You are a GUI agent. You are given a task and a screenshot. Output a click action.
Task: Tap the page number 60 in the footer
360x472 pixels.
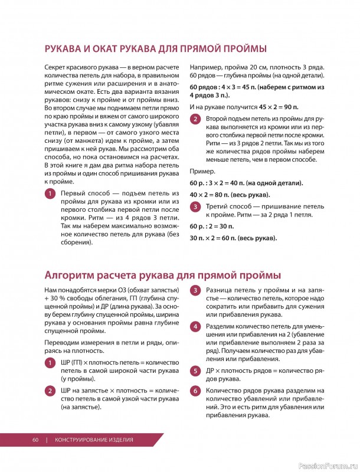point(35,440)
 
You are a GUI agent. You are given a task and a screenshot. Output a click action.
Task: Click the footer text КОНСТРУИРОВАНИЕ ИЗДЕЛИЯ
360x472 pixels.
point(94,440)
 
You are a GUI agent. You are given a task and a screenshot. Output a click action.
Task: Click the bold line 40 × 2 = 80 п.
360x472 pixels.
point(221,195)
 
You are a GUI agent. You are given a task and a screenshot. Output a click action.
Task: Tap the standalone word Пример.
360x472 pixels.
point(202,171)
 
